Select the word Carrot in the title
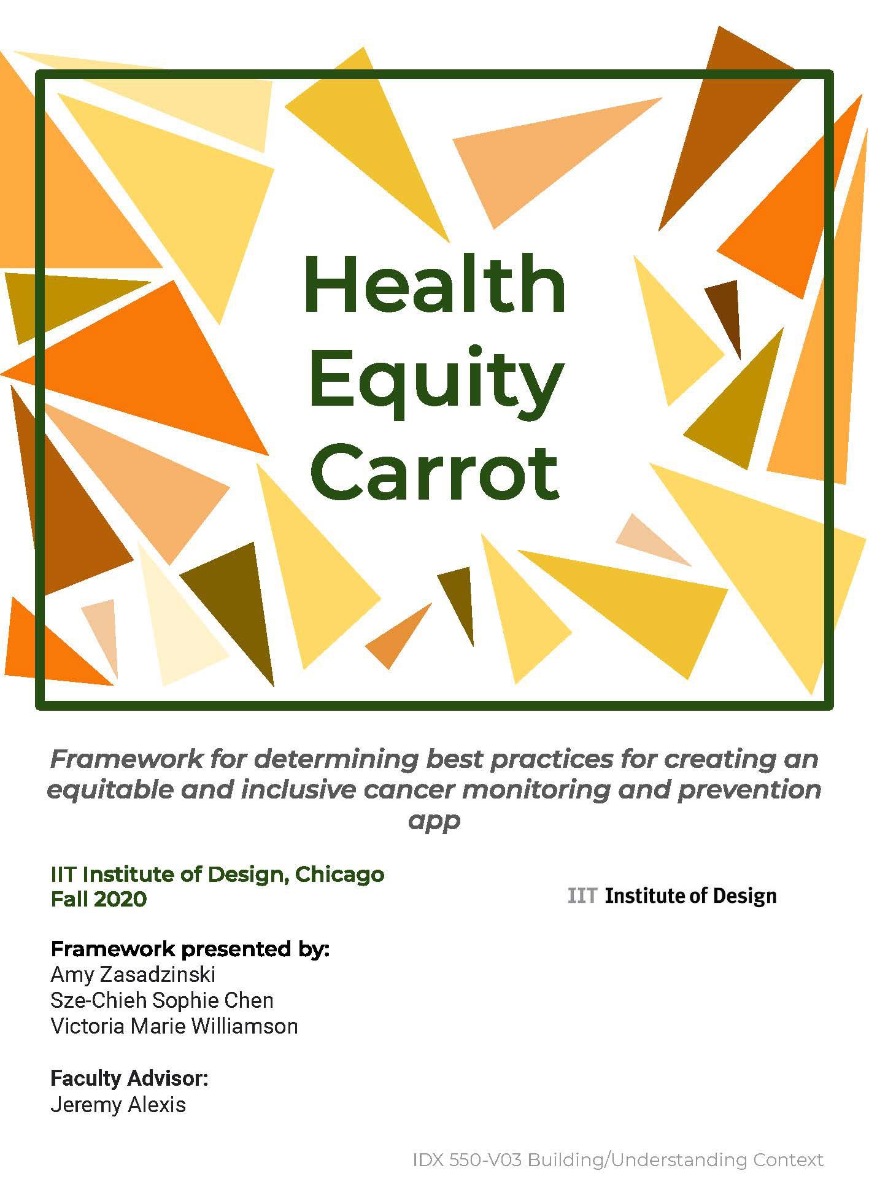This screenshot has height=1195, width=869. point(434,473)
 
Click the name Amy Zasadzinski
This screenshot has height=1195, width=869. point(133,974)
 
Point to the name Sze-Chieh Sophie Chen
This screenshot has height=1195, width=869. point(162,1000)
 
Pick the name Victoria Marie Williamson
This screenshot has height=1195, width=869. point(174,1026)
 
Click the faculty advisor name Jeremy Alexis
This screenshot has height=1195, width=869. point(118,1105)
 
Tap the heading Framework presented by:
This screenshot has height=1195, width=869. point(190,949)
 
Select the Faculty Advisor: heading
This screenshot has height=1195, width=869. point(129,1078)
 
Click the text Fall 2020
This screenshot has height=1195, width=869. point(99,899)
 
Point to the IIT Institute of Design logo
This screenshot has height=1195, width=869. point(672,896)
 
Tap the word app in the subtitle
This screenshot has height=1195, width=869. point(434,821)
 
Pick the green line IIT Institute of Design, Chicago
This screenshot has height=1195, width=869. point(217,874)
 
